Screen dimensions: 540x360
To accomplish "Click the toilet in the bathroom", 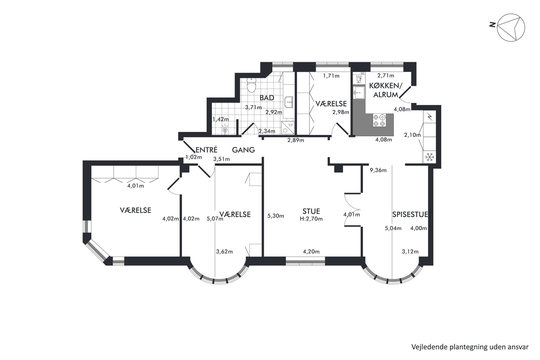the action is tap(251, 85).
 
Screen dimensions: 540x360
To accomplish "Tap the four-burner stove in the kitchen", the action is tap(379, 120).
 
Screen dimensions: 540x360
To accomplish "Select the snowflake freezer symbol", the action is tap(429, 157).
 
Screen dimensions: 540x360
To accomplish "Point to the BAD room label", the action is tap(267, 98).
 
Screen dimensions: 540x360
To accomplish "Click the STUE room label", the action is tap(311, 211).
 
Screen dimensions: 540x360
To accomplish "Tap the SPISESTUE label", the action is tap(410, 214).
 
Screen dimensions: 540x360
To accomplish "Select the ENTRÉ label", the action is tap(207, 150).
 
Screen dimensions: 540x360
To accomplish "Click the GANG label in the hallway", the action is tap(243, 150).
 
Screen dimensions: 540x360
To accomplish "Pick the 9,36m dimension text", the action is tap(378, 170).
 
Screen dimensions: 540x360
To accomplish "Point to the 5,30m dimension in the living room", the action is tap(276, 216).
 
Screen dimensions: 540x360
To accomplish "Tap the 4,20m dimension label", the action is tap(311, 252).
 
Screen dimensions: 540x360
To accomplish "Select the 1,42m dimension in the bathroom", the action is tap(220, 119).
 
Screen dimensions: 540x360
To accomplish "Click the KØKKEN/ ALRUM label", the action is tap(385, 90).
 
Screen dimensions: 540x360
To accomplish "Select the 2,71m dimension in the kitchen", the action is tap(386, 76).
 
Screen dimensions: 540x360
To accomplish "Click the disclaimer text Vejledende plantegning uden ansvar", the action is tap(470, 347).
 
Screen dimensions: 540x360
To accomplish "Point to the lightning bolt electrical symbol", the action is tap(430, 117).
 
